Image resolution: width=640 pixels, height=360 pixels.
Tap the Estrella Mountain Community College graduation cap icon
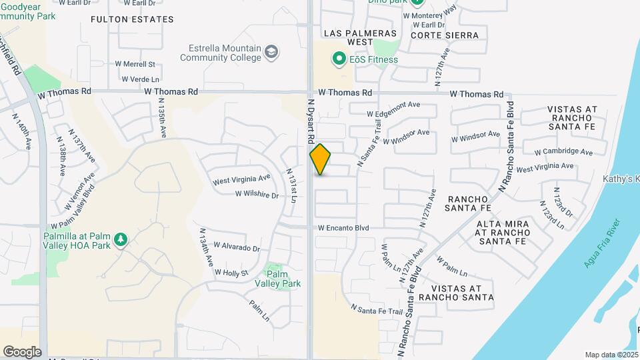tap(271, 52)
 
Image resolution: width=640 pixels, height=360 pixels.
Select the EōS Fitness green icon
tap(339, 59)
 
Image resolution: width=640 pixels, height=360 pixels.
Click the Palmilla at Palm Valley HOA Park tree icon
tap(121, 239)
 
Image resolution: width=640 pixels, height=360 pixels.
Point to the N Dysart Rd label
tap(311, 123)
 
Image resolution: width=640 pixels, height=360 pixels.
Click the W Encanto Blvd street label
tap(343, 228)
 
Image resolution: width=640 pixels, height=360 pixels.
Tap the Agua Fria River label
tap(602, 243)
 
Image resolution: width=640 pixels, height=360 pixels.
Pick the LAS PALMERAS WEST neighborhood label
tap(360, 37)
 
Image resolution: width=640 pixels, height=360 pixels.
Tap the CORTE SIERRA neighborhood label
tap(445, 35)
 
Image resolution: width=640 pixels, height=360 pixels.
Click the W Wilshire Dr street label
tap(257, 195)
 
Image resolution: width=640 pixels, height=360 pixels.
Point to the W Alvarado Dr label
tap(237, 248)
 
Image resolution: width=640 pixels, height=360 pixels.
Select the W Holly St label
tap(231, 273)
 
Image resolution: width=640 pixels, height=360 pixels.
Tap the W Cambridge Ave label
tap(563, 152)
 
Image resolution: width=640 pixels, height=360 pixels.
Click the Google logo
tap(22, 351)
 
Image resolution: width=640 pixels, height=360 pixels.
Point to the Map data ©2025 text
tap(611, 355)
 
